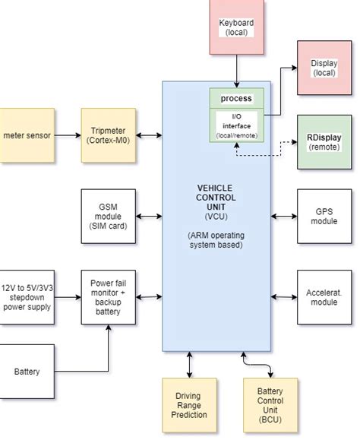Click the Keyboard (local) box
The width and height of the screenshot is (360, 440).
tap(237, 27)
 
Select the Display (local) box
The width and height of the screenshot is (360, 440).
tap(324, 68)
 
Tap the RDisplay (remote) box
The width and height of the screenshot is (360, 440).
tap(324, 142)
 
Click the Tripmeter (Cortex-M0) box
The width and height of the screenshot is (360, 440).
tap(108, 135)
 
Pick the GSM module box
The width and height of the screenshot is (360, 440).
tap(108, 217)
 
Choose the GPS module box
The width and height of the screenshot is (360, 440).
tap(324, 217)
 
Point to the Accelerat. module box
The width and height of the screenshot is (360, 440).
tap(324, 297)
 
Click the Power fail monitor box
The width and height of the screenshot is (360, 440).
tap(108, 297)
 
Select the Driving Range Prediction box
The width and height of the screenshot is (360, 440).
tap(189, 405)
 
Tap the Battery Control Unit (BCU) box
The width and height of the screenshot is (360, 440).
tap(270, 405)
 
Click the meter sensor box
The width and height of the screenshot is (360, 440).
tap(27, 135)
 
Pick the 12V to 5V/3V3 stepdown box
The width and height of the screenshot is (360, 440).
tap(27, 297)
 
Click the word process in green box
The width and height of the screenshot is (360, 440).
tap(236, 99)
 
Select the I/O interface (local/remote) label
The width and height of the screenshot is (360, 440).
tap(237, 125)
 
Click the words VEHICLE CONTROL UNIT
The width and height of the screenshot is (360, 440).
tap(216, 198)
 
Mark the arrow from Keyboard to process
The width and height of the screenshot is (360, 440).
tap(237, 71)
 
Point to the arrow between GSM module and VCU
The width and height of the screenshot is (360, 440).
tap(149, 217)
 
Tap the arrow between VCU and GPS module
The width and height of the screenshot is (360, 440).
tap(284, 217)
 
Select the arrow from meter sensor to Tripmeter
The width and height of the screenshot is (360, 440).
tap(68, 135)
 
